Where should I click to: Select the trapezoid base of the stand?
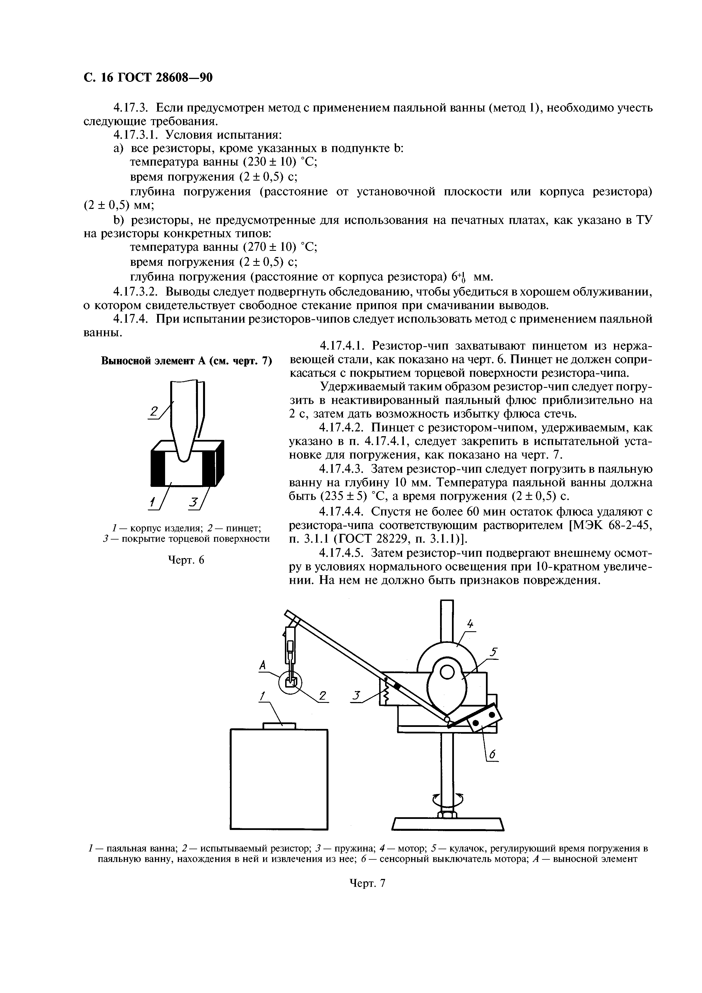coord(448,824)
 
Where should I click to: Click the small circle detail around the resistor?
coord(290,683)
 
